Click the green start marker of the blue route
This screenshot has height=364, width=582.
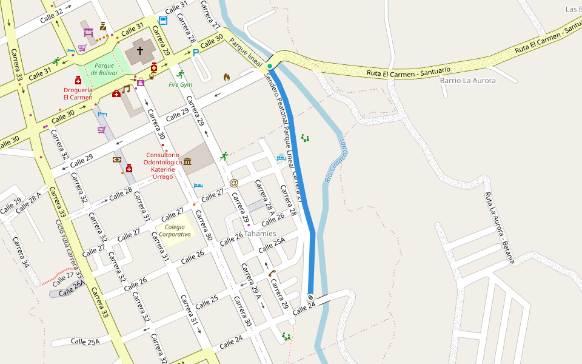270,66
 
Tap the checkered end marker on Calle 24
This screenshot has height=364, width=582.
310,297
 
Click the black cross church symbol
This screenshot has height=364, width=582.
140,51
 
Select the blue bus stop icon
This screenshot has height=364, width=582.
162,21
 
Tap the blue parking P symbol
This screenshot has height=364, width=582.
195,53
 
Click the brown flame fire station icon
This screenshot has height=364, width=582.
227,77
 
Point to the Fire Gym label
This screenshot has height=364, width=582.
180,84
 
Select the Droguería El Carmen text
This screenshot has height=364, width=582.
78,93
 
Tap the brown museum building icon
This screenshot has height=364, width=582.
187,161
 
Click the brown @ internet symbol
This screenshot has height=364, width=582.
234,183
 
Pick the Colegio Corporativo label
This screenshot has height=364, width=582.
173,231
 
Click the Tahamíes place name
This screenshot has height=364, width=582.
259,234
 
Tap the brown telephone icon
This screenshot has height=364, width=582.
272,273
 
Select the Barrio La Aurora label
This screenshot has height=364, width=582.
467,80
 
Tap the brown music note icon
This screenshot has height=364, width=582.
126,89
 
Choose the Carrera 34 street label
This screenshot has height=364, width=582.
21,252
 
